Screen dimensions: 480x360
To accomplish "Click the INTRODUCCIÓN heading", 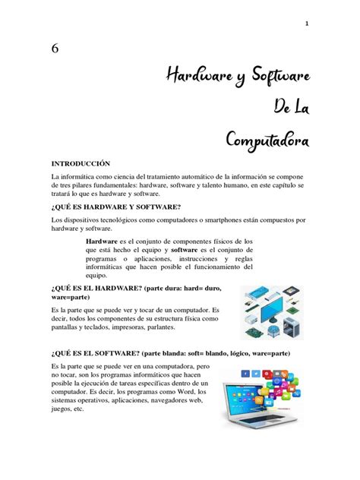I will [x=81, y=163].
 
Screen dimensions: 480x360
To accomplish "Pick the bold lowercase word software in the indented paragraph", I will [x=185, y=249].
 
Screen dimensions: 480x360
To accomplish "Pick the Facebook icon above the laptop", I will [x=245, y=374].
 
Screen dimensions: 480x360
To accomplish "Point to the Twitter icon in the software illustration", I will [x=257, y=373].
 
